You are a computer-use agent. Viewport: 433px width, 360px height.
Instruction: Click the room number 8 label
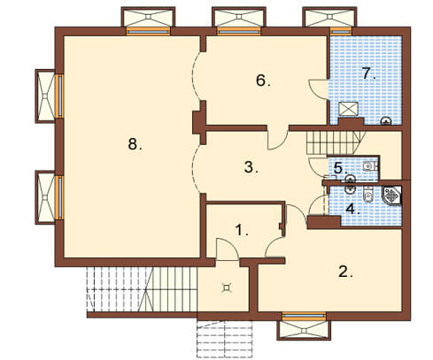click(135, 144)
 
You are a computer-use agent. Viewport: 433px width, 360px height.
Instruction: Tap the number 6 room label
click(263, 80)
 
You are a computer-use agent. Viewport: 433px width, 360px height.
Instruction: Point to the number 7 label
click(369, 73)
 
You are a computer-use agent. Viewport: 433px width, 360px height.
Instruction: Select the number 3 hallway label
click(251, 167)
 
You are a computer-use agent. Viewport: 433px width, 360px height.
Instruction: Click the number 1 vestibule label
click(242, 230)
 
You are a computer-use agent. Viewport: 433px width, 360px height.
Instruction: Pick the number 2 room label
click(345, 272)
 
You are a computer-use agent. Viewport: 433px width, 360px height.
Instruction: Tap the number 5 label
click(340, 168)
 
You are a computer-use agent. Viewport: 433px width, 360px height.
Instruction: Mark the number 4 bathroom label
click(352, 209)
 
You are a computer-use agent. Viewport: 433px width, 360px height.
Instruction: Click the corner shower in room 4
click(392, 195)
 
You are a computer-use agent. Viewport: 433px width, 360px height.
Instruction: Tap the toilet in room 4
click(367, 194)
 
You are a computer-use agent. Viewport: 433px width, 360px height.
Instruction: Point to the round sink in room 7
click(386, 121)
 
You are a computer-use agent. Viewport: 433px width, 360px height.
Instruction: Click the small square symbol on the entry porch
click(227, 287)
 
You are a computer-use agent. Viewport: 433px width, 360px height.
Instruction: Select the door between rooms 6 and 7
click(319, 89)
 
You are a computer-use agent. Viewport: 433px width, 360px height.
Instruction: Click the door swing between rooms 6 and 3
click(278, 139)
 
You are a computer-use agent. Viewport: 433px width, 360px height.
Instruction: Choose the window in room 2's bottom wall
click(304, 316)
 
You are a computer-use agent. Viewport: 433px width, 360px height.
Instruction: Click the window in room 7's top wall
click(341, 31)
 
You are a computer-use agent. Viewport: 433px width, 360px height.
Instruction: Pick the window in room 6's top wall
click(238, 31)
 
